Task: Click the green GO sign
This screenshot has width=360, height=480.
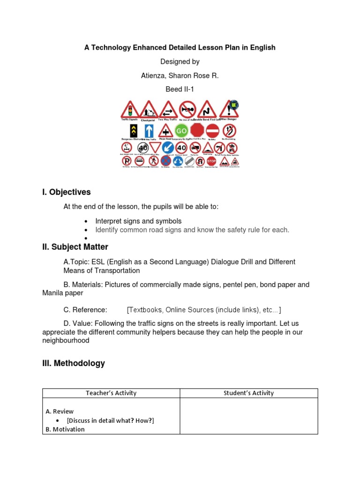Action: click(x=181, y=130)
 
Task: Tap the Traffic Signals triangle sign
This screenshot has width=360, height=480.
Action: click(x=130, y=110)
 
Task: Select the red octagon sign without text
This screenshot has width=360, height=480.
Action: click(x=197, y=130)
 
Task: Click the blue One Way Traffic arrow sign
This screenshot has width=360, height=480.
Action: click(x=149, y=130)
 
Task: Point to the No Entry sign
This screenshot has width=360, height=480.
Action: click(x=213, y=130)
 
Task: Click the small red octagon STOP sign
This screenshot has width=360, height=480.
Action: click(x=211, y=161)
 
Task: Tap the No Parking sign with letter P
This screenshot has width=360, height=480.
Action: click(x=127, y=161)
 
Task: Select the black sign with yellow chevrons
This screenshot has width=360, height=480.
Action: click(x=133, y=130)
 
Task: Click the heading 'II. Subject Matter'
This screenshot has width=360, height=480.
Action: click(x=75, y=247)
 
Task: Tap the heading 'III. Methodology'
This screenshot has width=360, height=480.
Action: click(x=74, y=363)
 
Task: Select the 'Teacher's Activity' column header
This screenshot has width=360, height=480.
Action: click(x=111, y=393)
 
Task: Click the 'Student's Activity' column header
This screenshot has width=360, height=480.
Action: click(x=249, y=393)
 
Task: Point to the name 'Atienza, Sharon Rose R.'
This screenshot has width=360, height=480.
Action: click(x=180, y=75)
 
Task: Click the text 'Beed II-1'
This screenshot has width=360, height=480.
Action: click(x=180, y=89)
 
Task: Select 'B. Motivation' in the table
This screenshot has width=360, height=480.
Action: click(x=65, y=429)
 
